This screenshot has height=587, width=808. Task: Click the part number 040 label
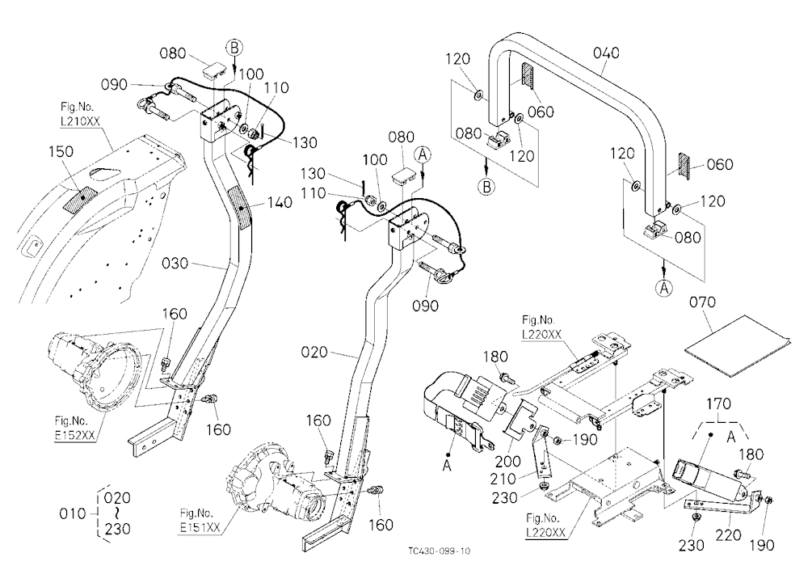606,53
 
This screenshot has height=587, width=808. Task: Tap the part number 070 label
702,302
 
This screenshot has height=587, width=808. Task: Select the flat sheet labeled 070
738,344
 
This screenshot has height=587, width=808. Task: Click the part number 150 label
61,152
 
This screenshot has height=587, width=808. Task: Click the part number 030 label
175,264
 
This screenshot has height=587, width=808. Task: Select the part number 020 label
314,353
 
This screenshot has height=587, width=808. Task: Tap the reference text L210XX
80,121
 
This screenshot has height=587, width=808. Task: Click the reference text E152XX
74,435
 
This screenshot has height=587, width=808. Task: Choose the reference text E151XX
200,528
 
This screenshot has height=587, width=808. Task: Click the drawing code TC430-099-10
439,551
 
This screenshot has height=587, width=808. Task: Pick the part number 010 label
73,513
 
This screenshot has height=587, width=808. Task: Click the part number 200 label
507,461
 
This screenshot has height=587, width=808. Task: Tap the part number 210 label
503,479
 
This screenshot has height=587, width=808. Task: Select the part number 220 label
728,535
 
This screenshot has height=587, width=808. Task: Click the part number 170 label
718,403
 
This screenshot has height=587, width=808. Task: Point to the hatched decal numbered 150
79,197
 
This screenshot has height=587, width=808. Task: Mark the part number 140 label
279,202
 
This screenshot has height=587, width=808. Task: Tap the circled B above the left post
234,48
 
